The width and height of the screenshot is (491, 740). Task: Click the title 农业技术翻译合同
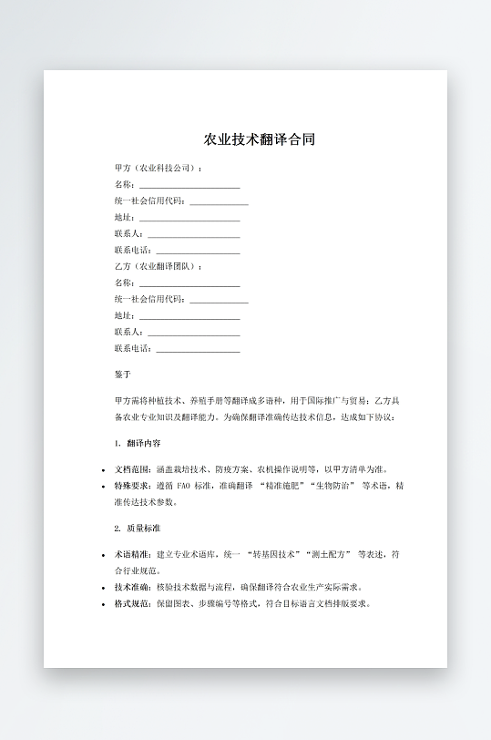coord(260,140)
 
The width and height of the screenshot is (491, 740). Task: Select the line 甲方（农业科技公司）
coord(157,169)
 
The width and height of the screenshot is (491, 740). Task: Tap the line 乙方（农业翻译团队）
coord(157,266)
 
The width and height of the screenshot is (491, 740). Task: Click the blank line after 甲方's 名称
coord(189,185)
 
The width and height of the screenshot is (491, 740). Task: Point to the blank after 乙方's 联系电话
coord(198,348)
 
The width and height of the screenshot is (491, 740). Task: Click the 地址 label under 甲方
coord(124,218)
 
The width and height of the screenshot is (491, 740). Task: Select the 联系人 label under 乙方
coord(128,332)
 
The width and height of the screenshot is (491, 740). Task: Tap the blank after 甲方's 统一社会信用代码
coord(219,201)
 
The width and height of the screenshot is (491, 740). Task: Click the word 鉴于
coord(123,375)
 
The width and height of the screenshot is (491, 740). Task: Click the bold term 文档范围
coord(132,469)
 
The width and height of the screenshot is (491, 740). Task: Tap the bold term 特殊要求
coord(132,486)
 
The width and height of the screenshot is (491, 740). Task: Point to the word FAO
coord(185,486)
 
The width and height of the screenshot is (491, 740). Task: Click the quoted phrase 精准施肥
coord(282,486)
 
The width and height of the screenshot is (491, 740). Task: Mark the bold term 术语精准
coord(132,554)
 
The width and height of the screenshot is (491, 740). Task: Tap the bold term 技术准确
coord(132,587)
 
